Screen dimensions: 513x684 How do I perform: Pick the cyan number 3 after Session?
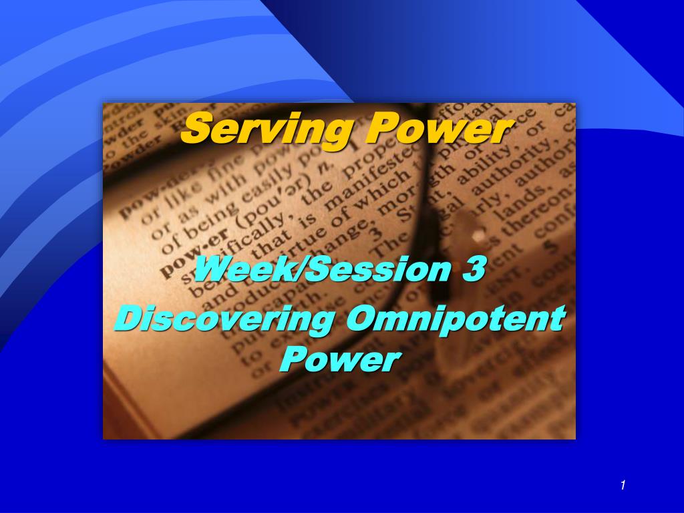tap(471, 271)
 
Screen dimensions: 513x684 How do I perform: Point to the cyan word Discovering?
tap(224, 319)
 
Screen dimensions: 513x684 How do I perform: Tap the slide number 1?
tap(622, 486)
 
